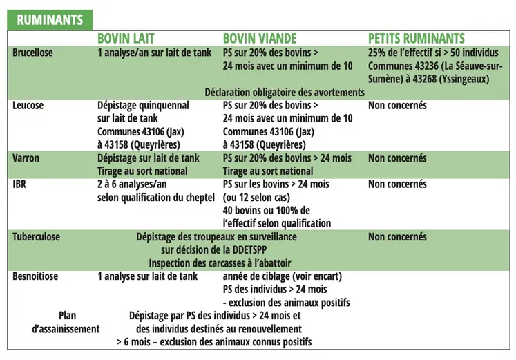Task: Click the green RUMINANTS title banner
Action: coord(49,19)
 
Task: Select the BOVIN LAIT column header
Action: coord(135,39)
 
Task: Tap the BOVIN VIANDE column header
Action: coord(260,39)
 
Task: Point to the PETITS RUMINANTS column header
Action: coord(417,39)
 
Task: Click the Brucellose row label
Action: coord(32,53)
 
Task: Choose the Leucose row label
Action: coord(28,106)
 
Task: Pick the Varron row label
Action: coord(26,158)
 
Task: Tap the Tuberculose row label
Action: coord(37,237)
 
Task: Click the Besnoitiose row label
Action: coord(35,276)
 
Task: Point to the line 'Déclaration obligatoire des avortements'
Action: coord(285,92)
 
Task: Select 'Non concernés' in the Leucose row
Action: coord(397,106)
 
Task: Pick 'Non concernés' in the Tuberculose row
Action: coord(397,237)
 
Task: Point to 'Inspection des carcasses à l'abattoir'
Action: coord(220,263)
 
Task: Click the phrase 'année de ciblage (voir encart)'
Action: coord(283,276)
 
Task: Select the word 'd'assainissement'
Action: coord(66,329)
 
